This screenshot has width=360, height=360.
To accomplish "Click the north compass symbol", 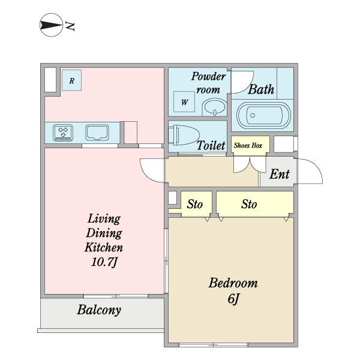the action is pyautogui.click(x=51, y=25).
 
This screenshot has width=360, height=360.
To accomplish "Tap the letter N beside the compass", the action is pyautogui.click(x=70, y=26).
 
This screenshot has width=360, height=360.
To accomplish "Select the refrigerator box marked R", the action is pyautogui.click(x=71, y=80).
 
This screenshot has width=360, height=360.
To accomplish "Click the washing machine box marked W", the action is pyautogui.click(x=184, y=102).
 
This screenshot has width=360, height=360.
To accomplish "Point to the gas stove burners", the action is pyautogui.click(x=63, y=133).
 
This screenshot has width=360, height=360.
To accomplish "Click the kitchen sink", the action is pyautogui.click(x=97, y=133).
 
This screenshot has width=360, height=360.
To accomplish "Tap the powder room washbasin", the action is pyautogui.click(x=214, y=107).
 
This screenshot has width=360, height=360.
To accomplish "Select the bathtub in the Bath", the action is pyautogui.click(x=263, y=115).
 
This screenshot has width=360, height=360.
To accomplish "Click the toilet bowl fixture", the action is pyautogui.click(x=184, y=135).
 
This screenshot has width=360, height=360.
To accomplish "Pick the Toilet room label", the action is pyautogui.click(x=211, y=145).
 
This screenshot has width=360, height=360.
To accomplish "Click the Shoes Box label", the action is pyautogui.click(x=248, y=145).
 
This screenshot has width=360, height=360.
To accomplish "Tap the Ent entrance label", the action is pyautogui.click(x=280, y=174).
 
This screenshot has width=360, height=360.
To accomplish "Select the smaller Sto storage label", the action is pyautogui.click(x=194, y=204).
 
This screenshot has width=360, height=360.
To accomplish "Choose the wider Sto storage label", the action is pyautogui.click(x=249, y=204).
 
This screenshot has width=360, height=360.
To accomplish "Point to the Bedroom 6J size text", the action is pyautogui.click(x=234, y=299).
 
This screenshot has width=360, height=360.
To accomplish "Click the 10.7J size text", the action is pyautogui.click(x=104, y=262).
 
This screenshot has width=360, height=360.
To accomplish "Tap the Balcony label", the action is pyautogui.click(x=99, y=310).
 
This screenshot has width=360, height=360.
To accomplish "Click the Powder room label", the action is pyautogui.click(x=208, y=83).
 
